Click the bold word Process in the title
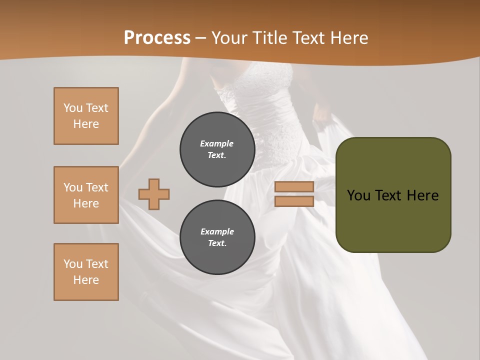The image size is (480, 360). pos(157,38)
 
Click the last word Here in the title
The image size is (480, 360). pos(348,38)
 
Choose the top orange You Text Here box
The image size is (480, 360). pos(86,116)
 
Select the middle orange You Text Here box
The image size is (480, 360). pos(86,195)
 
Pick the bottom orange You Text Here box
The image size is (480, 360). pos(86,272)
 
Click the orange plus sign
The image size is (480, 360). pos(154,194)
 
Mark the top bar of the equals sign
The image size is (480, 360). pos(294,187)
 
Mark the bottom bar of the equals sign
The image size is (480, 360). pos(294,201)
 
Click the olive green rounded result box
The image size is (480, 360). pos(393,220)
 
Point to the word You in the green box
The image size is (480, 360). pos(358,195)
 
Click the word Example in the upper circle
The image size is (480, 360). pos(217,143)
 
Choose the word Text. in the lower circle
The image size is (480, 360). pos(217,243)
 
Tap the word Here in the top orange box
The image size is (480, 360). pos(86,124)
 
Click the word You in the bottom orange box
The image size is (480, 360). pos(73,264)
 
